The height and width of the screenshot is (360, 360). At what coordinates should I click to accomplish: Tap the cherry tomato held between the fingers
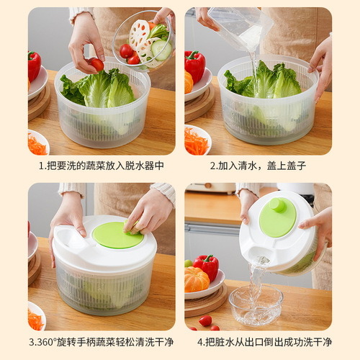tap(96, 64)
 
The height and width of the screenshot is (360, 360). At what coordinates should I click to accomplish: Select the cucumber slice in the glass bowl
tap(162, 50)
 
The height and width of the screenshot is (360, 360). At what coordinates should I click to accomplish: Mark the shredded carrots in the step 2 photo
tap(195, 141)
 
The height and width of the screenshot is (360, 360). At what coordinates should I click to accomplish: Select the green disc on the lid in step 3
tap(117, 235)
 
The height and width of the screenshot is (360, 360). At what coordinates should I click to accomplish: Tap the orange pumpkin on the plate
tap(195, 279)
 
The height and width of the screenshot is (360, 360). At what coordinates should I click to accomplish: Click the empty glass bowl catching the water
tap(255, 307)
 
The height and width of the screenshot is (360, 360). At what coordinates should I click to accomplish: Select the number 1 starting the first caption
tap(41, 166)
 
